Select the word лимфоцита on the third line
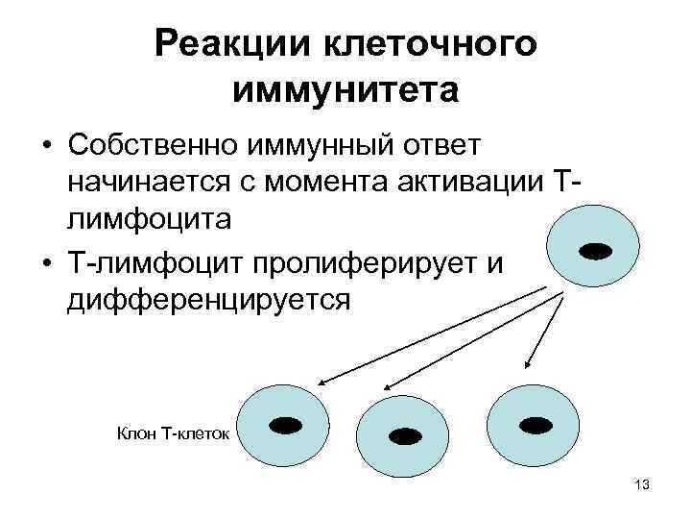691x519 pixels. click(149, 219)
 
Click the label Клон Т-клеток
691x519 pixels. click(173, 434)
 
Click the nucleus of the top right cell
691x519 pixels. click(596, 252)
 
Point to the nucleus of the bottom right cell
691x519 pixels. click(534, 424)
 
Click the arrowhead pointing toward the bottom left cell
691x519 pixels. click(322, 380)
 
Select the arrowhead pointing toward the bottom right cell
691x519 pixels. click(529, 362)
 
